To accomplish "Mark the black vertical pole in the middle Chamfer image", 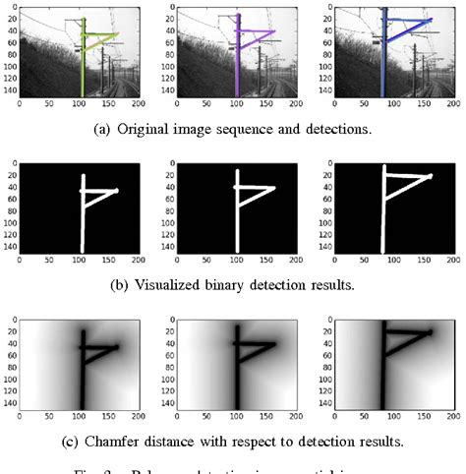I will (235, 364).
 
